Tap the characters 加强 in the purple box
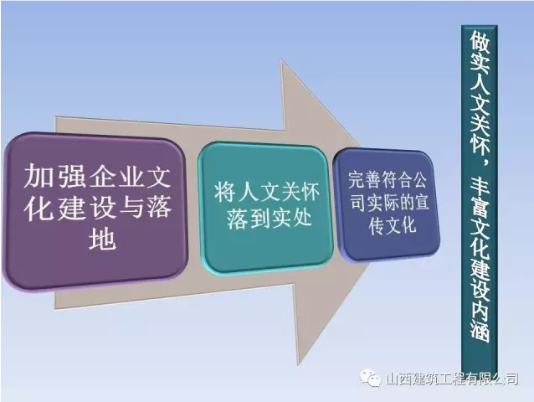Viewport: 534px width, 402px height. point(52,177)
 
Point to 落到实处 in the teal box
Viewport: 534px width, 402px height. point(269,218)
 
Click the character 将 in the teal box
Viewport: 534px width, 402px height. point(226,193)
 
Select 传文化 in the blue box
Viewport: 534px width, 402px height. point(392,225)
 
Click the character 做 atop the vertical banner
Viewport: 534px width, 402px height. point(480,43)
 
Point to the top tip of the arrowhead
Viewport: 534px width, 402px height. point(280,59)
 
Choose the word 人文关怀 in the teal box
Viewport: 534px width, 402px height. point(279,193)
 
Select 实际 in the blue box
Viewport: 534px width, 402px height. point(383,203)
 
